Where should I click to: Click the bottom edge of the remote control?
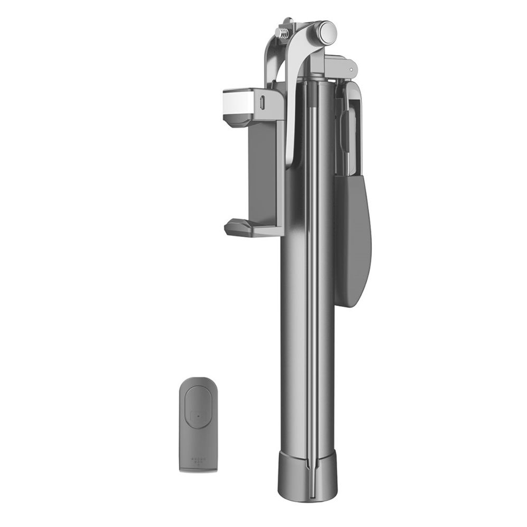[x=198, y=470]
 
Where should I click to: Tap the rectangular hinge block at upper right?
[x=340, y=67]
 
